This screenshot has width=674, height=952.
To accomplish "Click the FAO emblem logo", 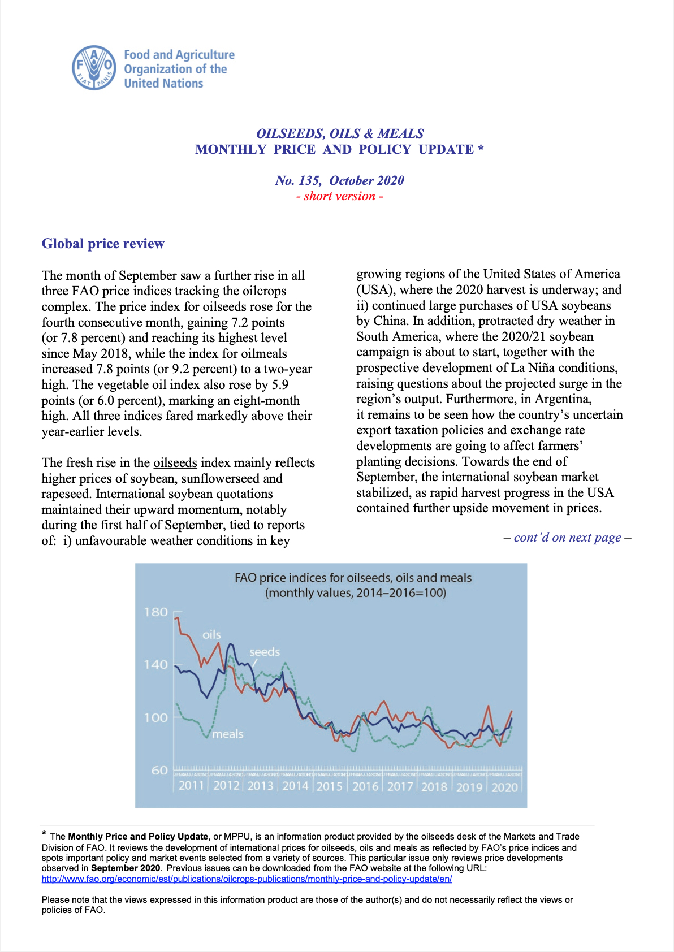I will click(x=94, y=68).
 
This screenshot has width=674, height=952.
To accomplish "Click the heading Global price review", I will click(x=103, y=244).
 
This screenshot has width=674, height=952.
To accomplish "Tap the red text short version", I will click(x=339, y=196).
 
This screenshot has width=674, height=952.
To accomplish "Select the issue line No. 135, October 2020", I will click(x=339, y=180).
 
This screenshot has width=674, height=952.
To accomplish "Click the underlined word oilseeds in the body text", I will click(x=175, y=462).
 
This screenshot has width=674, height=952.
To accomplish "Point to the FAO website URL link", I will click(x=247, y=879).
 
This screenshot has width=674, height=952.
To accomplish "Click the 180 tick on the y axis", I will click(x=156, y=612).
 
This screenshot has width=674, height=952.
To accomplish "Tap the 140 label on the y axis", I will click(x=156, y=665).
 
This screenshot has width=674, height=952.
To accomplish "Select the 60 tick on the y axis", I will click(x=159, y=770).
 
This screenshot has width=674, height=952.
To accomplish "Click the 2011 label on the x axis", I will click(x=191, y=786).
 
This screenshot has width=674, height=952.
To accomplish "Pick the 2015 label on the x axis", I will click(x=330, y=786).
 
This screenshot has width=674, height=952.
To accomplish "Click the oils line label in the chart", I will click(x=212, y=635).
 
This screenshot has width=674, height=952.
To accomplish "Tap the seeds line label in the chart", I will click(x=265, y=652).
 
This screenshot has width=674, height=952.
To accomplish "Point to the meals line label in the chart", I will click(x=228, y=734).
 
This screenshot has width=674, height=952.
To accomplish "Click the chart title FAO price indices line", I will click(x=353, y=578).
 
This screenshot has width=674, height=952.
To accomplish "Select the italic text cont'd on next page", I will click(x=567, y=538).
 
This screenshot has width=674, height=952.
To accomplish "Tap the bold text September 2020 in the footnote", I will click(x=126, y=868).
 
